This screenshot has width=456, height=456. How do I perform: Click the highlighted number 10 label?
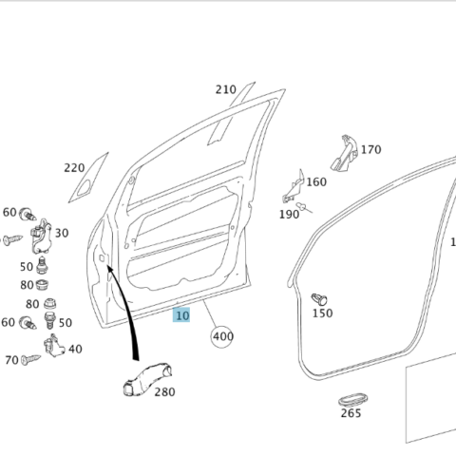coord(181,315)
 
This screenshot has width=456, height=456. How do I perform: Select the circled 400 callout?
coord(222,336)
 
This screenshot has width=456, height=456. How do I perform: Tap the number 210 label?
coord(226,90)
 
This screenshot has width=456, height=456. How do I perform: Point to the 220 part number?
coord(74,168)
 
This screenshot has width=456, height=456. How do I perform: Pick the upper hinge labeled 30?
coord(41,237)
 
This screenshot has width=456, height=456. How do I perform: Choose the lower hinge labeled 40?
coord(54,346)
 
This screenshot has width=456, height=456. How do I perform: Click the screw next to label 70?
coord(30,359)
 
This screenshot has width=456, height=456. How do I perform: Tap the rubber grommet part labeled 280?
coord(147,379)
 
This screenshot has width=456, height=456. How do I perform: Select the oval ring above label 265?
coord(353,400)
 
